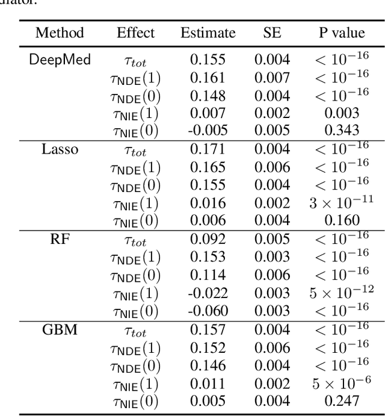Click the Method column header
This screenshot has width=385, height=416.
tap(59, 33)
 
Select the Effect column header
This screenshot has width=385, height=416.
tap(135, 33)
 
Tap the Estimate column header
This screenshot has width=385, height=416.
tap(207, 33)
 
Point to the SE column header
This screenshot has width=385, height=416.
tap(271, 33)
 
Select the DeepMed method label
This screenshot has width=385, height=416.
tap(59, 60)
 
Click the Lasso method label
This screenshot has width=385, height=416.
tap(59, 149)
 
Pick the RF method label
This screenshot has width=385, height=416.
tap(59, 238)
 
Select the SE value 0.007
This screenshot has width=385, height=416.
tap(271, 77)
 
